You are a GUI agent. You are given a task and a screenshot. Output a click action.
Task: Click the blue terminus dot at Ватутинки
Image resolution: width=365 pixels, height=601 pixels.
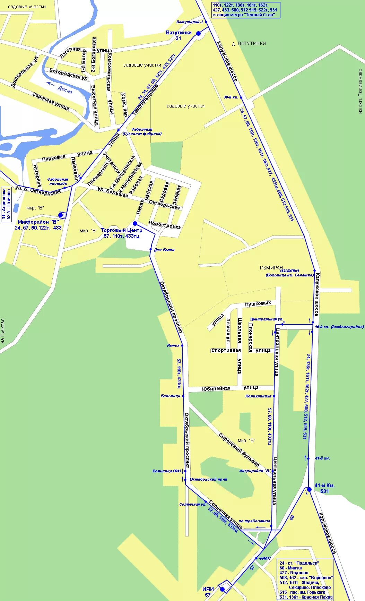[x=198, y=34]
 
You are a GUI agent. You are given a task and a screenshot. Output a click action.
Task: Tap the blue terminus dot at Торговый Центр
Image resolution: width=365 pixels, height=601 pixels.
[x=135, y=223]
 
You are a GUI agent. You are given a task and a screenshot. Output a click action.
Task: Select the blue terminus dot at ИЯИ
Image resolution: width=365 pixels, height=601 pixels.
[x=223, y=589]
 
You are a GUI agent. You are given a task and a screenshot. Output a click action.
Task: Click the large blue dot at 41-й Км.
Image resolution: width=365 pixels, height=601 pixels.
[x=309, y=489]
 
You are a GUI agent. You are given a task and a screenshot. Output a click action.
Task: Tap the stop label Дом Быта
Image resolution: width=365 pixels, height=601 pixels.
[x=164, y=250]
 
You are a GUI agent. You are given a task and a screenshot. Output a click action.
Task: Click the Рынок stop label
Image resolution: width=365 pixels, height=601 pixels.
[x=173, y=345]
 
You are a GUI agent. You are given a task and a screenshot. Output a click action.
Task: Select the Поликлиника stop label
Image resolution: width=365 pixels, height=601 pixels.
[x=258, y=396]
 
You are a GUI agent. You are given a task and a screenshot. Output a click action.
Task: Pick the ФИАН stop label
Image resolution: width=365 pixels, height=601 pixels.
[x=264, y=558]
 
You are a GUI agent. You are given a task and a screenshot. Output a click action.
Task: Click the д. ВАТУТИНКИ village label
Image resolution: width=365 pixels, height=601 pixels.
[x=249, y=43]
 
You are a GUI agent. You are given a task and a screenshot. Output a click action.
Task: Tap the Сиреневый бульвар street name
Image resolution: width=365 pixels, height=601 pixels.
[x=239, y=450]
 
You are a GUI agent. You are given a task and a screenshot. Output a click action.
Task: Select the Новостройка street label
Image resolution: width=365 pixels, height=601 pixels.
[x=164, y=225]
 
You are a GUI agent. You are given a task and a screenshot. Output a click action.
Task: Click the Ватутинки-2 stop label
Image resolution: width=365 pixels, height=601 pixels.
[x=190, y=22]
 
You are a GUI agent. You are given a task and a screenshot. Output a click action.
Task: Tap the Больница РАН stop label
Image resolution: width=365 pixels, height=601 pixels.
[x=167, y=471]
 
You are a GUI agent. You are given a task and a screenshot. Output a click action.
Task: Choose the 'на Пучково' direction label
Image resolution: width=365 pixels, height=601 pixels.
[x=3, y=331]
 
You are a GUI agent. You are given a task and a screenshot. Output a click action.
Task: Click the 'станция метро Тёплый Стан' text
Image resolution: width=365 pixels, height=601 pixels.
[x=244, y=15]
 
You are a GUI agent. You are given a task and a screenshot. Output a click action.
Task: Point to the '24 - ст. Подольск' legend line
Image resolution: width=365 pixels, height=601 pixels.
[x=299, y=563]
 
